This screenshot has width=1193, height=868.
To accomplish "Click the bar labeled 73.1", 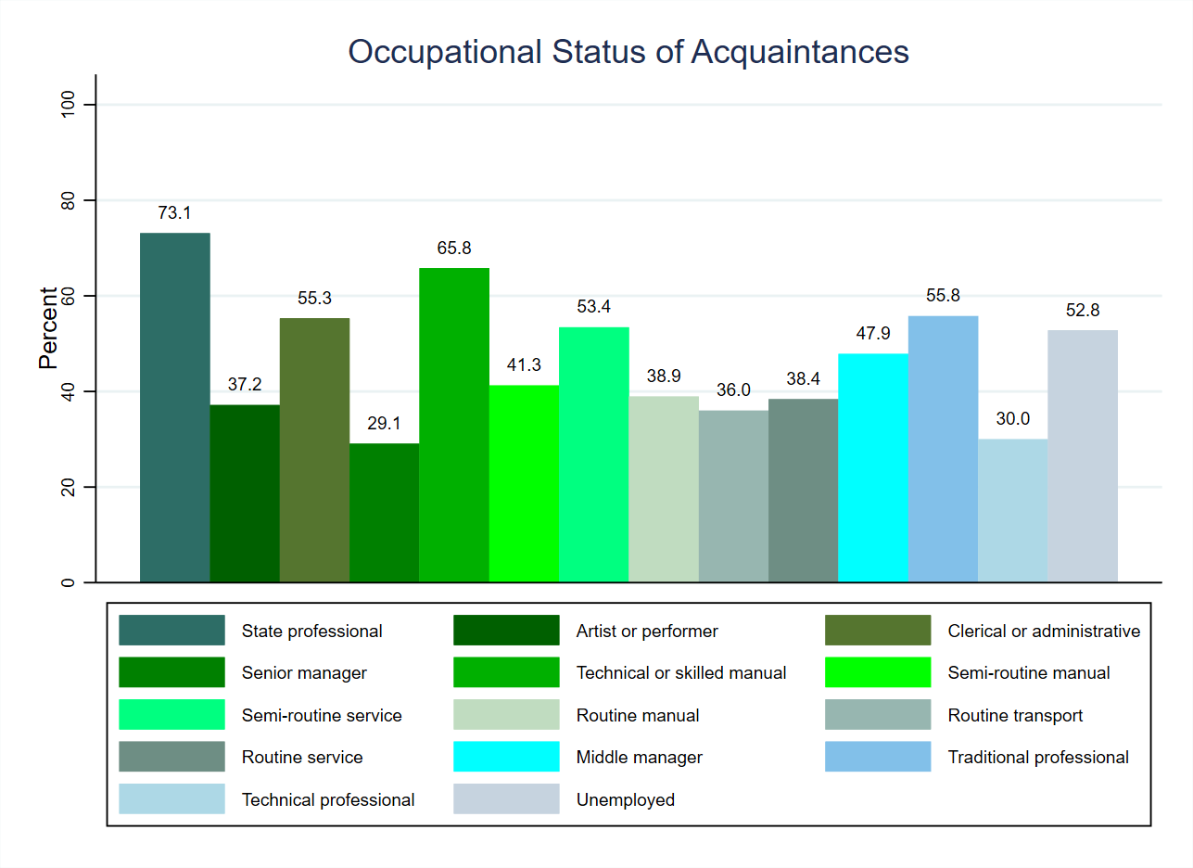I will coord(175,407).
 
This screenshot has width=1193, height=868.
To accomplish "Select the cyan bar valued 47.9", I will coord(873,467).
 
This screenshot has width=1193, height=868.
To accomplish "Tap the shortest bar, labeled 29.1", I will coord(384,513).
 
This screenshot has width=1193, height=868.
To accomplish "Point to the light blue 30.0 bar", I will coord(1012,510).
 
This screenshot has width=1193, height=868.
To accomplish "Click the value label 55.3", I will coord(315,299).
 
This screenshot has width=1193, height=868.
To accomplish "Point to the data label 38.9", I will coord(664,377).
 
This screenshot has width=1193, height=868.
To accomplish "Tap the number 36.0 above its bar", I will coord(733,390).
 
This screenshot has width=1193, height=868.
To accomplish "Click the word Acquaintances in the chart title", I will coord(800,52).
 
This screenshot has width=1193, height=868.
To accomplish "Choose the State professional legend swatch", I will coord(171,631).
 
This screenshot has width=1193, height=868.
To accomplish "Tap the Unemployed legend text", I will coord(626,799).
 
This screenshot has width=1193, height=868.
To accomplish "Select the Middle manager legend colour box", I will coord(506,757).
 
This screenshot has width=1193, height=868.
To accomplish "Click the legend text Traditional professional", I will coord(1038,757).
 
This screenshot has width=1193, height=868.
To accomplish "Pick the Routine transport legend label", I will coord(1015,715).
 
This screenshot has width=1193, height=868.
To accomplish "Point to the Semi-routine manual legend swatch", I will coord(878,672).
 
